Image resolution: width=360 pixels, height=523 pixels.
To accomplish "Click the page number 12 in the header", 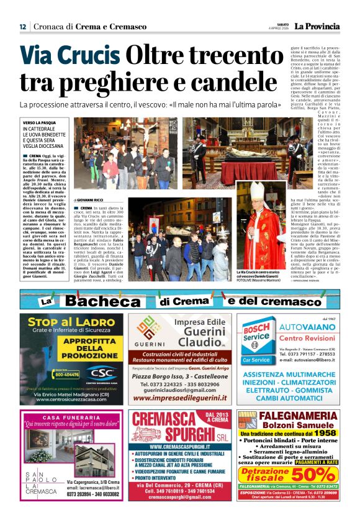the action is click(22, 26).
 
